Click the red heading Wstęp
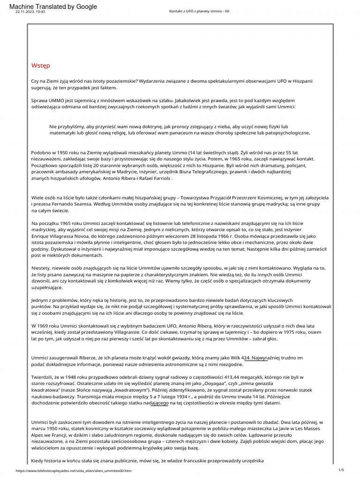pyautogui.click(x=40, y=65)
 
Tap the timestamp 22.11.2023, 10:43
pyautogui.click(x=30, y=12)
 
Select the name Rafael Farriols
pyautogui.click(x=156, y=179)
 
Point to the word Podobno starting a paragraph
pyautogui.click(x=42, y=153)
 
